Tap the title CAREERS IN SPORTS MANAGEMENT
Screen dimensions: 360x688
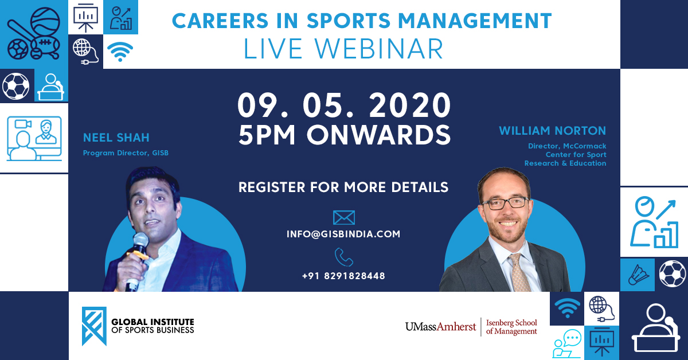[x=362, y=21]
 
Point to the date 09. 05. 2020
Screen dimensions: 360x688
[x=344, y=106]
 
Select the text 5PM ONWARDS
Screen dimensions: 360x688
[x=344, y=135]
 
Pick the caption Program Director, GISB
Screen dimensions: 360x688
[x=126, y=153]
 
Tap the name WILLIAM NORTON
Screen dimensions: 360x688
[x=552, y=131]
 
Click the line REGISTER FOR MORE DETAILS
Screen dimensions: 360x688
[x=343, y=187]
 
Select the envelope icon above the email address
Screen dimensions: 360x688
[x=343, y=217]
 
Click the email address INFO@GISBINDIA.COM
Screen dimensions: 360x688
[x=343, y=234]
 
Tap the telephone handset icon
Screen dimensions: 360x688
[x=343, y=257]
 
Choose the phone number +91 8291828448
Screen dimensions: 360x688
[x=343, y=276]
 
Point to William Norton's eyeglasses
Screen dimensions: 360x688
[x=505, y=202]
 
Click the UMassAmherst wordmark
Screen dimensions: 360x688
[x=440, y=327]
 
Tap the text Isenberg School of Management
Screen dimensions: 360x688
[x=511, y=326]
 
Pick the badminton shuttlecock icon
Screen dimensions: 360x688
[x=638, y=275]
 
